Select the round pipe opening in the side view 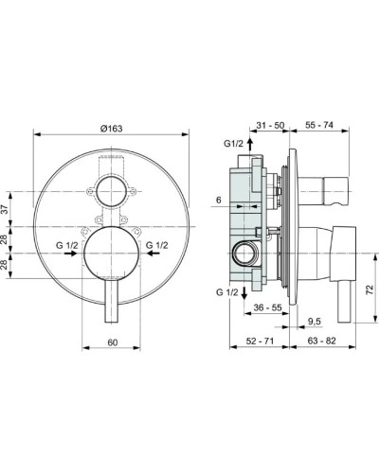coord(244,253)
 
